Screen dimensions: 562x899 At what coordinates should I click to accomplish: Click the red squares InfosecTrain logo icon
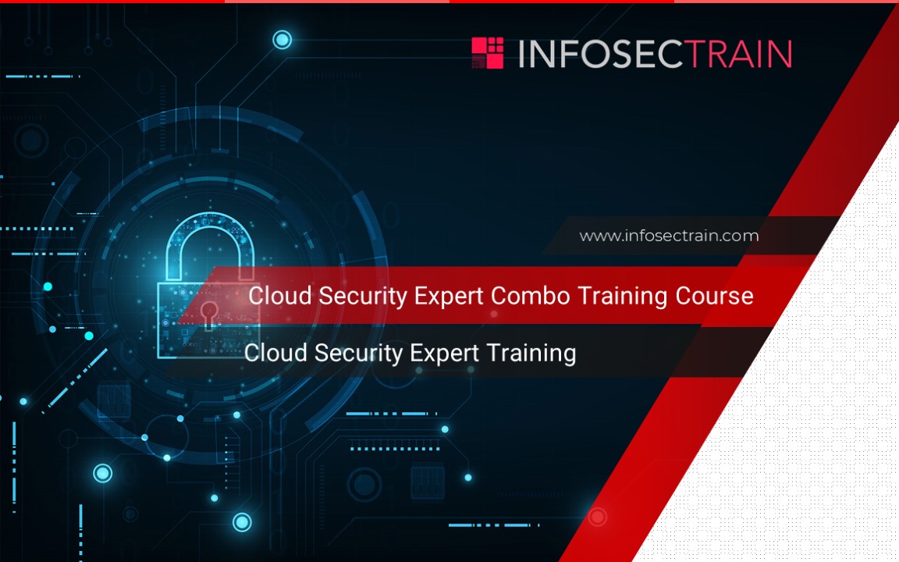coord(488,53)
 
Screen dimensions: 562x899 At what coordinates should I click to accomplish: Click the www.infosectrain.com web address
coord(669,236)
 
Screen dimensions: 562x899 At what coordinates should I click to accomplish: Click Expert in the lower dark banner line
coord(444,354)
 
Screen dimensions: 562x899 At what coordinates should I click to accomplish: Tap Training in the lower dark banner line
coord(531,354)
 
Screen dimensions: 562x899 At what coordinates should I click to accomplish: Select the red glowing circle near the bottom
coord(597,517)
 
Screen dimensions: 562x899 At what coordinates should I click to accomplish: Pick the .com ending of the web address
coord(741,236)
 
